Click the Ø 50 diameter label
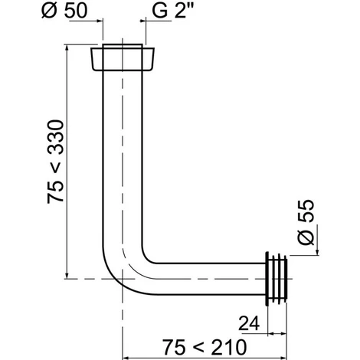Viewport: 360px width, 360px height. [64, 11]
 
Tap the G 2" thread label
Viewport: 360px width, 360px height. [172, 11]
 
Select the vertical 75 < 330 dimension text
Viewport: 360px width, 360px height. [55, 162]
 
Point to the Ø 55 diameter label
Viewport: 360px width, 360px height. [306, 223]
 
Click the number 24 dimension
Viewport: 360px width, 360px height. [249, 323]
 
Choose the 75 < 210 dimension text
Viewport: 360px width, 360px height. [205, 347]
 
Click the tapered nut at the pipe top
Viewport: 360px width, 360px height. [123, 59]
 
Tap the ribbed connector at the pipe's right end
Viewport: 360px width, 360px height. [277, 279]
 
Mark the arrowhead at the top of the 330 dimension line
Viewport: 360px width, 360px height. [67, 49]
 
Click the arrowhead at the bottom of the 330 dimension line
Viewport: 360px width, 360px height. [67, 274]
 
